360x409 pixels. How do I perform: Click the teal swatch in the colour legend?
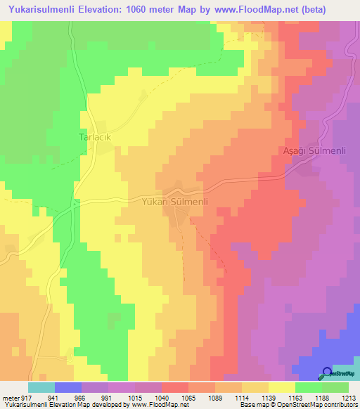pyautogui.click(x=41, y=387)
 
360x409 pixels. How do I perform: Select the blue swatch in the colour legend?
pyautogui.click(x=67, y=387)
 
